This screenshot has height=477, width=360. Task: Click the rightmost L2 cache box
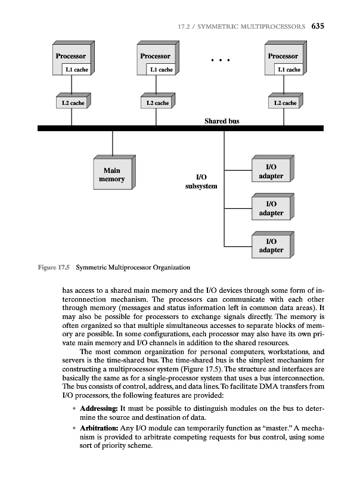[x=285, y=103]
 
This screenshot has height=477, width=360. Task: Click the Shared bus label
[x=222, y=120]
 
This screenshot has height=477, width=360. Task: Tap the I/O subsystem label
[x=201, y=181]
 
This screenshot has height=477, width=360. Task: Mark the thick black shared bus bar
[x=179, y=128]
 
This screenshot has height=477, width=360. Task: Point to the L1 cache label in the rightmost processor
[x=289, y=70]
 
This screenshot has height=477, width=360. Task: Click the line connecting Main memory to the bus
[x=112, y=143]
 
